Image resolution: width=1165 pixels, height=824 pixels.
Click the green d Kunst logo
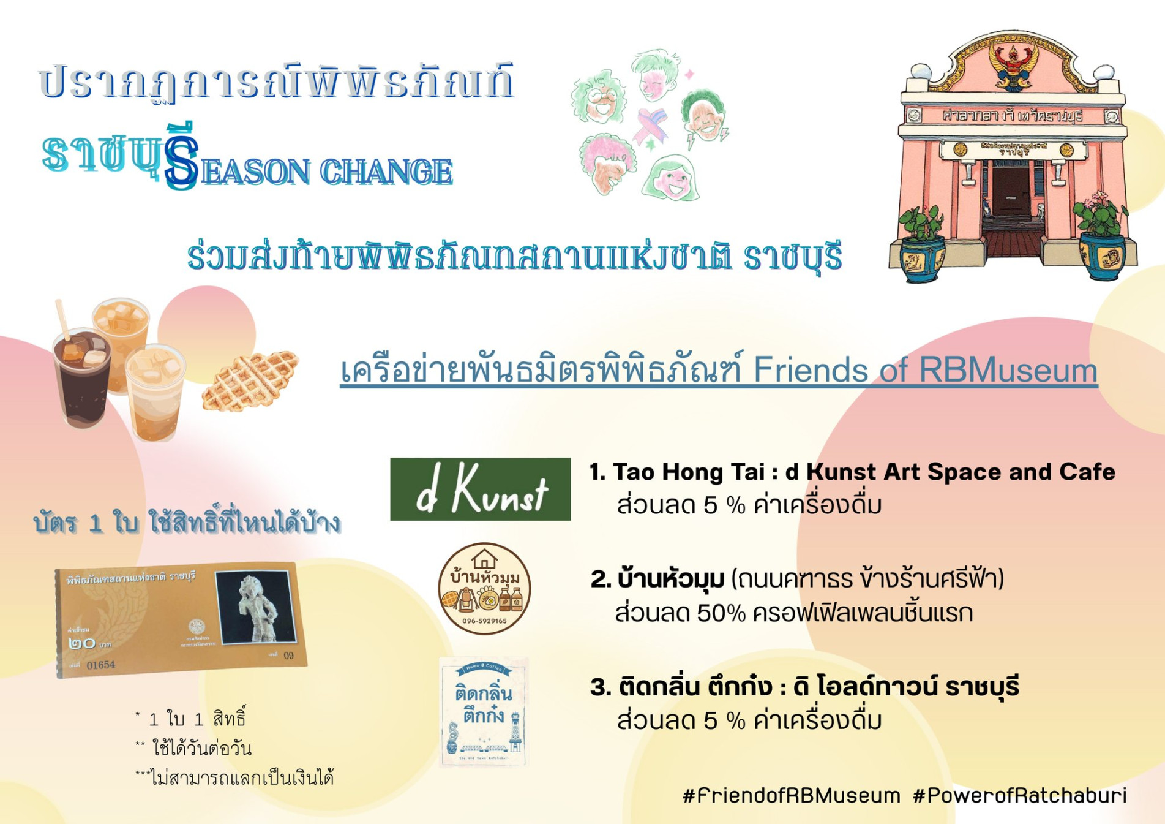(480, 489)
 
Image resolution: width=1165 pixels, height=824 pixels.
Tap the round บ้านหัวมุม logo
(484, 588)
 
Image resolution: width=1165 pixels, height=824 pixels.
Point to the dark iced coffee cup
(83, 378)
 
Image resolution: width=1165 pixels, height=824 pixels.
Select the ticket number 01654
(100, 665)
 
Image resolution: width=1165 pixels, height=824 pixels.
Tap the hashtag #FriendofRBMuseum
(791, 796)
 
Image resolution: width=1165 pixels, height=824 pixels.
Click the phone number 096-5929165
(484, 621)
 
